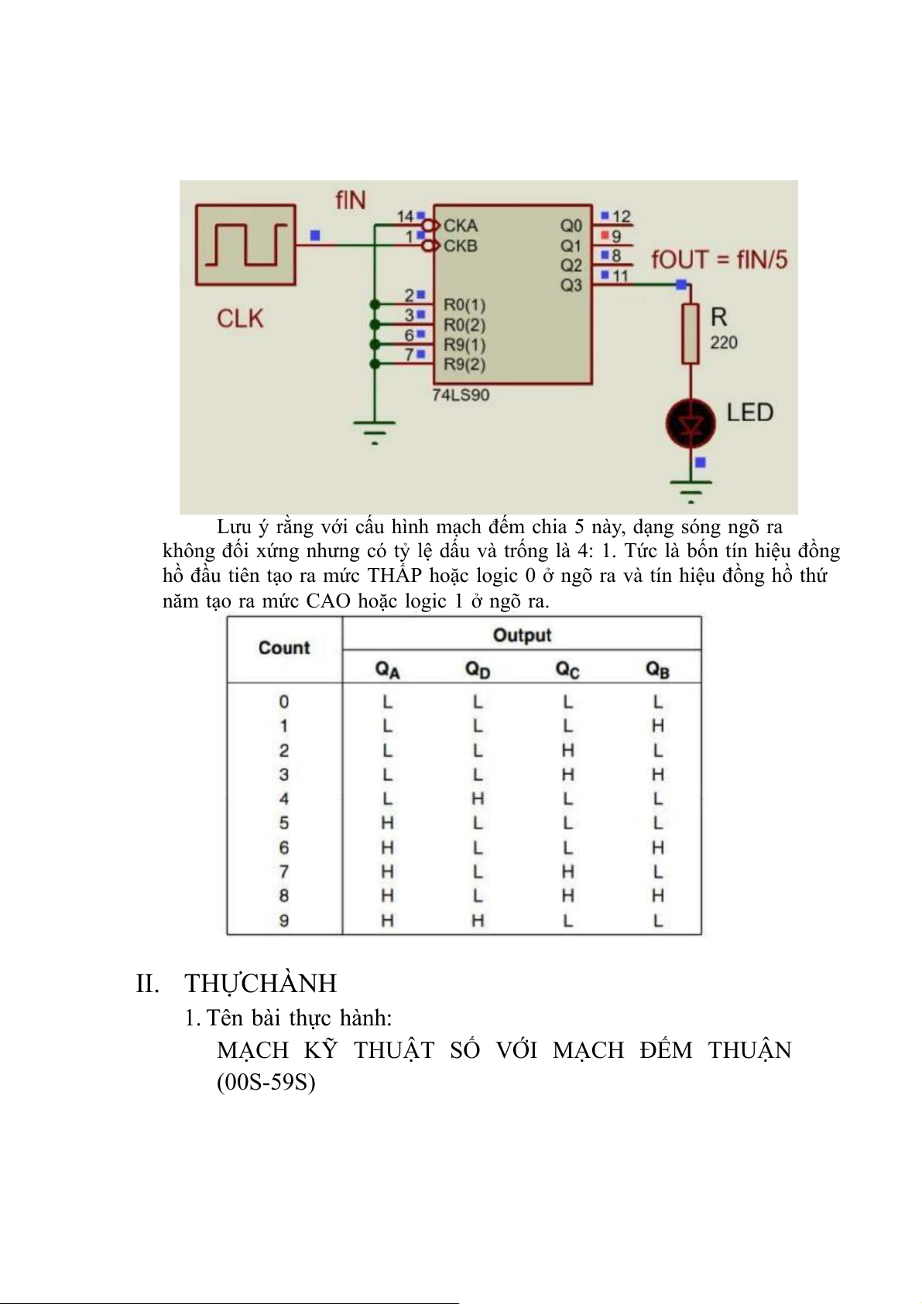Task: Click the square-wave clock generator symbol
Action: point(245,245)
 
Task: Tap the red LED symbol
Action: point(690,423)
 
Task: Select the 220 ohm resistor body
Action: point(691,334)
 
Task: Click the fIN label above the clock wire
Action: point(351,200)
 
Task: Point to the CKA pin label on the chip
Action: point(461,226)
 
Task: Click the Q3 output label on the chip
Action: point(571,285)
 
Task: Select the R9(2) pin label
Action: point(464,365)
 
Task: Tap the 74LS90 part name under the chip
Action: point(461,395)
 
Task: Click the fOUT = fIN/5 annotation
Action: point(719,259)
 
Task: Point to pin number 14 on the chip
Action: point(405,217)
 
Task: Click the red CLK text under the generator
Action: point(240,318)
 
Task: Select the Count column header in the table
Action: point(284,649)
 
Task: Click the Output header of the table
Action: point(522,635)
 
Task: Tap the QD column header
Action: point(478,669)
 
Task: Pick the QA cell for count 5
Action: point(387,823)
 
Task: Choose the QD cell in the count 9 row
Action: point(478,920)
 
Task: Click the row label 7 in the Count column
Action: point(284,871)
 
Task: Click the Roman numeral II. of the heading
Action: point(148,984)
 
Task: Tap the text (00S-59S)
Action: point(266,1081)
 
